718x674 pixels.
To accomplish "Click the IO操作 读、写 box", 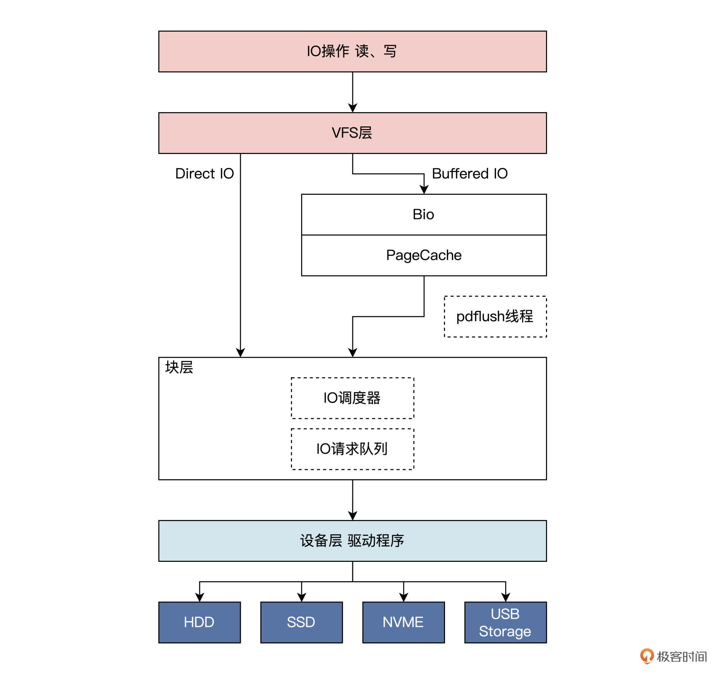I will (x=352, y=51).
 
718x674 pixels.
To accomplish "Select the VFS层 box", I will (x=352, y=133).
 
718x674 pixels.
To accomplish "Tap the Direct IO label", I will (x=204, y=173).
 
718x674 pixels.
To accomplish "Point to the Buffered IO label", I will (x=470, y=173).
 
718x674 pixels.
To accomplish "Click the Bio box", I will (x=423, y=214).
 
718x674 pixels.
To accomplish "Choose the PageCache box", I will (x=423, y=255).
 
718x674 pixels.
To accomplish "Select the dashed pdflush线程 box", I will (x=495, y=316).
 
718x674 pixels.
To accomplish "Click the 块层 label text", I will (x=179, y=367).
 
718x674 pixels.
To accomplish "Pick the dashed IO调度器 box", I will (x=352, y=398).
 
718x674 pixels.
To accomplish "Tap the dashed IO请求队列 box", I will (x=352, y=449).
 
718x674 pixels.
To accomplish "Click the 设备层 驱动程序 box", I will (x=352, y=541).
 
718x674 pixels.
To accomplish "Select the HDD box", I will (x=199, y=622).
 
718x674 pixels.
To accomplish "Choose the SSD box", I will (x=301, y=622).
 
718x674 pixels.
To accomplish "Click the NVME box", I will (x=403, y=622).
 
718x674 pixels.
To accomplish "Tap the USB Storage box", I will (x=505, y=622).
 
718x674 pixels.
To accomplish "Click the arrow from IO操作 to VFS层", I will (x=352, y=92).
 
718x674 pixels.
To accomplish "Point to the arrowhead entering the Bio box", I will (x=424, y=190).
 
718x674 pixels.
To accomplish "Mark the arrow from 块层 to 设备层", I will (x=352, y=499).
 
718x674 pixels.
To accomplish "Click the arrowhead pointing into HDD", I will (x=199, y=597).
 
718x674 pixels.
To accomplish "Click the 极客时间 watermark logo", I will (x=673, y=656).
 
